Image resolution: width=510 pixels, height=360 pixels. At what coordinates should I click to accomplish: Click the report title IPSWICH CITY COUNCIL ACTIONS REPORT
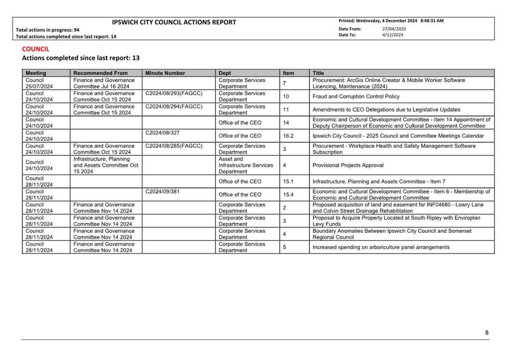pos(174,22)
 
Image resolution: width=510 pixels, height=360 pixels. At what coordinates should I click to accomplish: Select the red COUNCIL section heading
pos(36,49)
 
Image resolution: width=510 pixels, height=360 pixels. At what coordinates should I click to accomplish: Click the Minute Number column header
pos(165,73)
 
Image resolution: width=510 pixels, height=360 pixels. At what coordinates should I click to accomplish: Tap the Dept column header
pos(225,73)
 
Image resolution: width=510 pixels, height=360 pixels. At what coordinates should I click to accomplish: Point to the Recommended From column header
pos(100,73)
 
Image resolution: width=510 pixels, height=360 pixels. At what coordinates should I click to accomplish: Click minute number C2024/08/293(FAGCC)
pos(174,94)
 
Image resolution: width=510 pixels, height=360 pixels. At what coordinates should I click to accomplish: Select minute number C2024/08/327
pos(162,133)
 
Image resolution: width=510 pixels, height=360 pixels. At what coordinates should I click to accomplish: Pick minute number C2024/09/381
pos(162,192)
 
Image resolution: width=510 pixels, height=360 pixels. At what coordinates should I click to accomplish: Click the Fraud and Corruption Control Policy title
pos(356,97)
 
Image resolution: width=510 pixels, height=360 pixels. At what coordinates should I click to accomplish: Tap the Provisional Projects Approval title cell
pos(348,165)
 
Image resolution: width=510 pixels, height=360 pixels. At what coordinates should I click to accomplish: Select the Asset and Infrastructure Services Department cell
pos(246,165)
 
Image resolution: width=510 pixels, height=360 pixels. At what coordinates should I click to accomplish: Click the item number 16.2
pos(288,136)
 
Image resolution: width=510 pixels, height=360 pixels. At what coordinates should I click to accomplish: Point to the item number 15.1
pos(288,181)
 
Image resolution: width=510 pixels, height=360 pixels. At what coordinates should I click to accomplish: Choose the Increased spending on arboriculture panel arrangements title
pos(381,247)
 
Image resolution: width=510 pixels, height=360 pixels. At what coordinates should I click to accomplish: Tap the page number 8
pos(487,333)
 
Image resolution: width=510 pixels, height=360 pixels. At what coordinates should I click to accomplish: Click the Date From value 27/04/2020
pos(394,29)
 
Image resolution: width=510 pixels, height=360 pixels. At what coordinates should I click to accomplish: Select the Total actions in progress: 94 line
pos(48,30)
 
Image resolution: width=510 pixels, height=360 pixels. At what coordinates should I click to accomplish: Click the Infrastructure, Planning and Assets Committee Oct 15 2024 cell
pos(106,165)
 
